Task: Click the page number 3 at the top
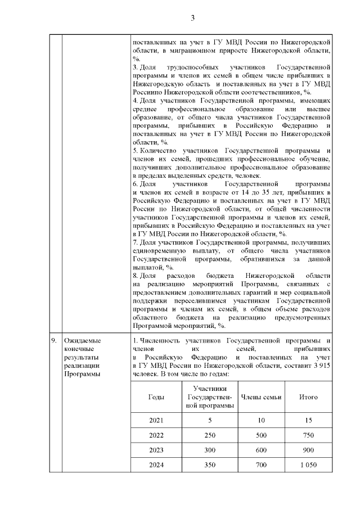pos(192,17)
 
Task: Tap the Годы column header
pos(156,397)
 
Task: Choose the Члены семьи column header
pos(261,397)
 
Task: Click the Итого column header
pos(308,397)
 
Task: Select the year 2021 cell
pos(156,420)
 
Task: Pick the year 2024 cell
pos(156,465)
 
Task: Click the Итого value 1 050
pos(308,465)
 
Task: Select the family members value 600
pos(261,450)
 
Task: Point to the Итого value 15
pos(308,420)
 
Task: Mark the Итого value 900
pos(308,450)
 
